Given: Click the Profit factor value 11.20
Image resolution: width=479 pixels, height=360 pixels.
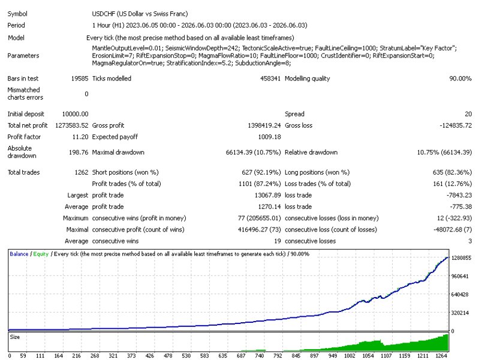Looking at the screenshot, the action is pyautogui.click(x=80, y=137).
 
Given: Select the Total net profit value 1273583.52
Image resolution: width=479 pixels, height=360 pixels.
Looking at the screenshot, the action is pyautogui.click(x=72, y=125).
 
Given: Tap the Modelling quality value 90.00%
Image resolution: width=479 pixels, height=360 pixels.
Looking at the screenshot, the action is pyautogui.click(x=460, y=79).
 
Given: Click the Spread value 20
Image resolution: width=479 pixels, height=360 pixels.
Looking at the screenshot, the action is pyautogui.click(x=468, y=114).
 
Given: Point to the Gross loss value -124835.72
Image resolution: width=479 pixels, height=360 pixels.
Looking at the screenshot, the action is pyautogui.click(x=456, y=125).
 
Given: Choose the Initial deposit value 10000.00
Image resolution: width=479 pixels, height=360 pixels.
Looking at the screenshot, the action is pyautogui.click(x=75, y=114).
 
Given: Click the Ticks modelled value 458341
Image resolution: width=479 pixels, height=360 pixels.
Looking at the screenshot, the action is pyautogui.click(x=270, y=79).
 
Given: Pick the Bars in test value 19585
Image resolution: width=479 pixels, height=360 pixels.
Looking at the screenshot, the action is pyautogui.click(x=80, y=79).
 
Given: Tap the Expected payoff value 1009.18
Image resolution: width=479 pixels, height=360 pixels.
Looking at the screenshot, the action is pyautogui.click(x=269, y=137).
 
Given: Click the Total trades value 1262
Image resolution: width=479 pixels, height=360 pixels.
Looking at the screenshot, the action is pyautogui.click(x=82, y=172).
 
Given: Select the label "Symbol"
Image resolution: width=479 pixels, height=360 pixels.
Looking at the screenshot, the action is pyautogui.click(x=17, y=14).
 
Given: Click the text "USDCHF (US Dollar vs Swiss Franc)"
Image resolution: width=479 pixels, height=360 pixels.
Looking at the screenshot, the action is pyautogui.click(x=140, y=14).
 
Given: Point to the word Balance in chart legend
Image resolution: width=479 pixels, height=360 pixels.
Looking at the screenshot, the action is pyautogui.click(x=19, y=254).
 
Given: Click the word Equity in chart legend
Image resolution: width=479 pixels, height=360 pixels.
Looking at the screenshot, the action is pyautogui.click(x=41, y=254).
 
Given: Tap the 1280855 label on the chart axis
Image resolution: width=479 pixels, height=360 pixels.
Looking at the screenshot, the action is pyautogui.click(x=461, y=258).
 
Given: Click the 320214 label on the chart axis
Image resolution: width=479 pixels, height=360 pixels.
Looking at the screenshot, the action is pyautogui.click(x=460, y=313).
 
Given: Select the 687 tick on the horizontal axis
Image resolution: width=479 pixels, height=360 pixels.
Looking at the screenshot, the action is pyautogui.click(x=241, y=355).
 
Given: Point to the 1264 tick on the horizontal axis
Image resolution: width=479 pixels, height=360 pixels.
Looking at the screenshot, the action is pyautogui.click(x=441, y=355).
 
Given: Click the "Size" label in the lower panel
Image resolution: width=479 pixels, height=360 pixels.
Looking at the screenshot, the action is pyautogui.click(x=14, y=337).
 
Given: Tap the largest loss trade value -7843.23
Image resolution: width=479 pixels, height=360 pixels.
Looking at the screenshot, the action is pyautogui.click(x=459, y=195).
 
